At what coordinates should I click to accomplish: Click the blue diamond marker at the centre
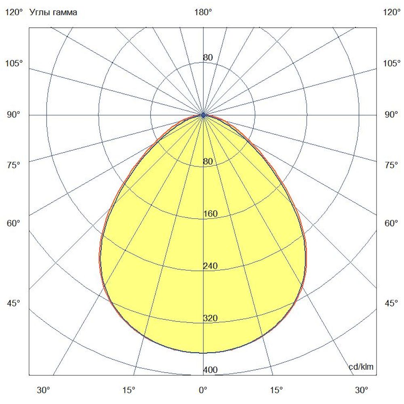[x=203, y=115]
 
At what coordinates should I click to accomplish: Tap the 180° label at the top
[x=203, y=13]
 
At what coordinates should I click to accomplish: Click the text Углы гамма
[x=53, y=13]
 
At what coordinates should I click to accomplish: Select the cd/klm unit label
[x=361, y=367]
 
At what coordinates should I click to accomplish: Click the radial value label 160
[x=210, y=214]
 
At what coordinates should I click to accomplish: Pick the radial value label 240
[x=210, y=266]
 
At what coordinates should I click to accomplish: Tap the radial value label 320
[x=210, y=318]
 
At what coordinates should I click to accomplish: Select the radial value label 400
[x=210, y=370]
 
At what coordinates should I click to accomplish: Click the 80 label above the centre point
[x=208, y=58]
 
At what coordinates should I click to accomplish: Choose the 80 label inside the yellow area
[x=208, y=162]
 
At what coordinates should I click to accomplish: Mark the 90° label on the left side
[x=13, y=115]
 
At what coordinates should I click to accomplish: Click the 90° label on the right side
[x=391, y=115]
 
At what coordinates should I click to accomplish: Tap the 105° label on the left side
[x=13, y=63]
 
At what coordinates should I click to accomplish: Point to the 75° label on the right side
[x=391, y=165]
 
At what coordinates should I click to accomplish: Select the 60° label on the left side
[x=13, y=223]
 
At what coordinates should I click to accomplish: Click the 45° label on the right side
[x=391, y=303]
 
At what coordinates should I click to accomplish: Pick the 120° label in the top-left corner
[x=13, y=13]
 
